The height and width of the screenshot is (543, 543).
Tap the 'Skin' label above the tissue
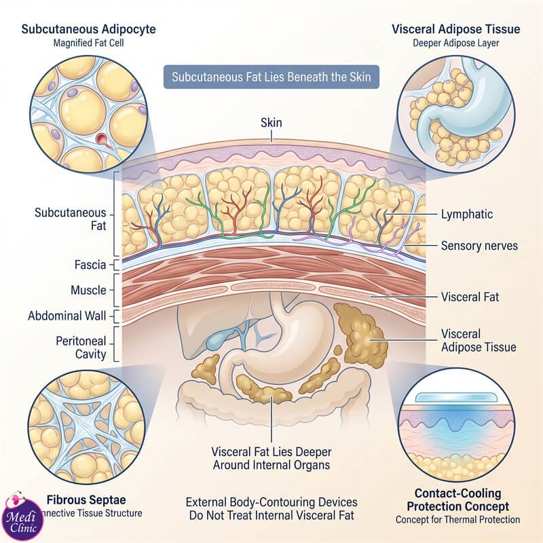(x=271, y=123)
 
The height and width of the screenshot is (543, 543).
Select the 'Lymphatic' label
(x=466, y=214)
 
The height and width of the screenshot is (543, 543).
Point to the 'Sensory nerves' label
(x=479, y=246)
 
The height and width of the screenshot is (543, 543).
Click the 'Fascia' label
(x=90, y=265)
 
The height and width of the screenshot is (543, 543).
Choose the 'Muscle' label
(x=88, y=291)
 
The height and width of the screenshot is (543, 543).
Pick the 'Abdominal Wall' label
(x=67, y=316)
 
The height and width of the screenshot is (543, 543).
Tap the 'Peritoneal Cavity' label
(x=81, y=348)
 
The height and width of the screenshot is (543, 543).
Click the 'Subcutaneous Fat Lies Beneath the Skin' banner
(x=271, y=77)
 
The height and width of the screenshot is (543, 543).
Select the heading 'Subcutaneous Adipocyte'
(x=88, y=29)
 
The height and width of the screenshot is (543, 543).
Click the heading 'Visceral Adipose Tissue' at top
(x=455, y=29)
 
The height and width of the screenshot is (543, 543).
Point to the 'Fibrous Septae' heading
(x=86, y=500)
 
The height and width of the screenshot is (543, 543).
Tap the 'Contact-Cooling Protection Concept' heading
(x=457, y=500)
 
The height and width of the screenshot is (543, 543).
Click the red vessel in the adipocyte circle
(x=103, y=140)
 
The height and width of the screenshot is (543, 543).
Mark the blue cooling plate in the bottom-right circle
(x=455, y=397)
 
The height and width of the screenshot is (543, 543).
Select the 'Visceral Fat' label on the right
(x=470, y=297)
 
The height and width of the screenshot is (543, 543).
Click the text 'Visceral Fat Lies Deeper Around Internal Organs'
(x=271, y=458)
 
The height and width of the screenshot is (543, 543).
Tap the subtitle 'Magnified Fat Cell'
(x=88, y=43)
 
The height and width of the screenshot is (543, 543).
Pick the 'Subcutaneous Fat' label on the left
(x=71, y=219)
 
